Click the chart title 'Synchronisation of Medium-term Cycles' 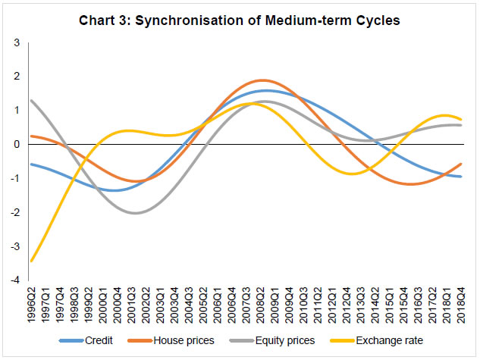click(x=240, y=20)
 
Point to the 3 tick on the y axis click(x=17, y=42)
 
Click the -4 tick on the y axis click(x=14, y=280)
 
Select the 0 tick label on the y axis click(x=17, y=144)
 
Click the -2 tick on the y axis click(x=14, y=212)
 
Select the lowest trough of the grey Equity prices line click(x=135, y=213)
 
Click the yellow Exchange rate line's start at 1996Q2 click(x=31, y=261)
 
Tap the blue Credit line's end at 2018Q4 click(x=460, y=177)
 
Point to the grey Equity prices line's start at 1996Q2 click(x=31, y=100)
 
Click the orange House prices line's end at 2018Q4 click(x=460, y=164)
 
